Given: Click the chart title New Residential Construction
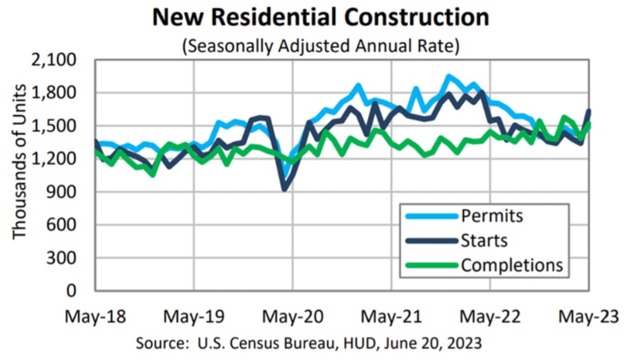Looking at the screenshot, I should tap(320, 17).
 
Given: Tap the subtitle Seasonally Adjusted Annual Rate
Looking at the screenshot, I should tap(320, 46).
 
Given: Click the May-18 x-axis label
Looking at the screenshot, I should tap(95, 315).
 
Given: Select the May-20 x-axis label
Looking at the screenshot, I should tap(292, 315).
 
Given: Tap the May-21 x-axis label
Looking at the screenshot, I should tap(391, 315).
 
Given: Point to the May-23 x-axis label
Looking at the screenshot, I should tap(588, 315).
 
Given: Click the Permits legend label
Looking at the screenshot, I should tap(491, 215).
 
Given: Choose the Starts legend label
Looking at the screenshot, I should tap(484, 240).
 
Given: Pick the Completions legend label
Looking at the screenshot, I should tap(512, 264).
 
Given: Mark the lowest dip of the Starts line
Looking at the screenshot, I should tap(285, 190).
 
